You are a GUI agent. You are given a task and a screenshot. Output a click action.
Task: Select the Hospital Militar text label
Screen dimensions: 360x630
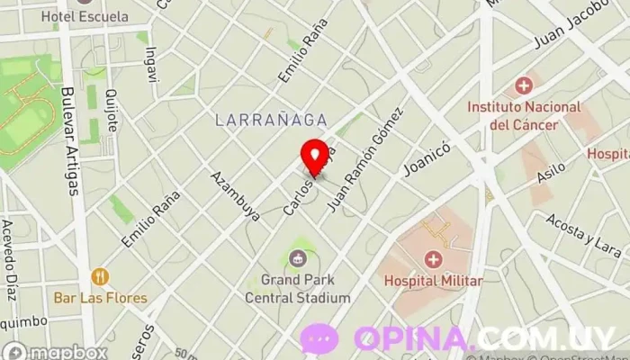coord(433,281)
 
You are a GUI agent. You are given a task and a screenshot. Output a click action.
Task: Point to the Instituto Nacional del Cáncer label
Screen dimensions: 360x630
coord(524,114)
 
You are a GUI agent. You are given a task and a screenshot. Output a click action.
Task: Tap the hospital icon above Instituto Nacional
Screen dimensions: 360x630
coord(523,86)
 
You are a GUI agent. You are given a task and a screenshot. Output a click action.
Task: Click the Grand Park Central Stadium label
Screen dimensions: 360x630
coord(305,289)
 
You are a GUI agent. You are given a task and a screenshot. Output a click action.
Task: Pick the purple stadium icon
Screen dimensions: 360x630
coord(297,259)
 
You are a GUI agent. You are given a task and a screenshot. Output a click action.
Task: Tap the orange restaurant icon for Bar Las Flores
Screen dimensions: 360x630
coord(99,276)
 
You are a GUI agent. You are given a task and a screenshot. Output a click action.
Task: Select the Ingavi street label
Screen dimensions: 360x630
coord(150,64)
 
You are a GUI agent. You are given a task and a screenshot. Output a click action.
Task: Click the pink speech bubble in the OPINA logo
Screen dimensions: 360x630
coord(319,339)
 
